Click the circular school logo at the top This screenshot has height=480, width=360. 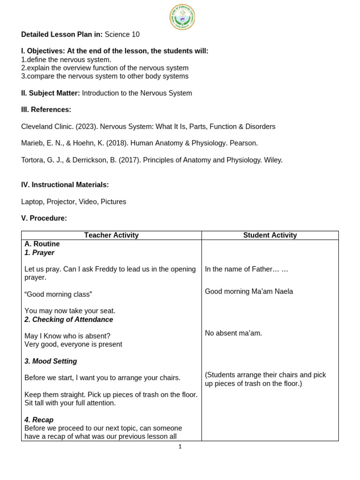click(182, 17)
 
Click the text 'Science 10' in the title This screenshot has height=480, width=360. click(122, 35)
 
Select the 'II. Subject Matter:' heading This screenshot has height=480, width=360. click(51, 93)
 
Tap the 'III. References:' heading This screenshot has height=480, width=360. click(46, 110)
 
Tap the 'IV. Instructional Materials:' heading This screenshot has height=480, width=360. click(65, 185)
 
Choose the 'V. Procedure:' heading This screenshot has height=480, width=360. click(44, 218)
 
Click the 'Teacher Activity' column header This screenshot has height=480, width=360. click(111, 235)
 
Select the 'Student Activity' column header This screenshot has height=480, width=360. click(270, 235)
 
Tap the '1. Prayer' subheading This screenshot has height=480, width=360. click(39, 253)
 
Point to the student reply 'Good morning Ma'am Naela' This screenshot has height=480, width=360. click(249, 292)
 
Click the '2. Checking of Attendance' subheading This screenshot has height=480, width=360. click(68, 320)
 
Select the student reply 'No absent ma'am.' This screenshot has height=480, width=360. click(233, 333)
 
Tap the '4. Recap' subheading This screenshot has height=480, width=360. click(39, 420)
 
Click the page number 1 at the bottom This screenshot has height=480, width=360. click(180, 447)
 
